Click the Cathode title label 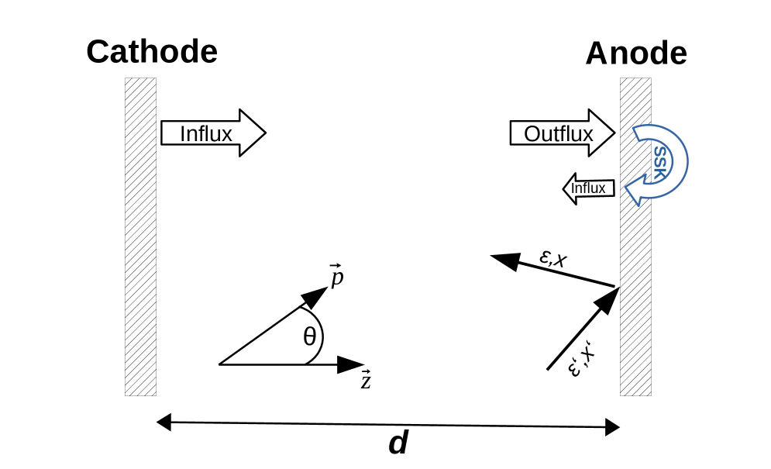tap(152, 52)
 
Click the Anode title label tap(635, 53)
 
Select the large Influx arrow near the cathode tap(212, 133)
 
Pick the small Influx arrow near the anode tap(589, 188)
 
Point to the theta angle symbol tap(309, 336)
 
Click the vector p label tap(336, 277)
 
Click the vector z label tap(366, 381)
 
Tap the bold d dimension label tap(398, 444)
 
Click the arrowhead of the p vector tap(315, 295)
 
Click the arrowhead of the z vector tap(353, 364)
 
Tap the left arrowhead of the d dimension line tap(163, 422)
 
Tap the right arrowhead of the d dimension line tap(612, 426)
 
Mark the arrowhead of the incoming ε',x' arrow tap(607, 298)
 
